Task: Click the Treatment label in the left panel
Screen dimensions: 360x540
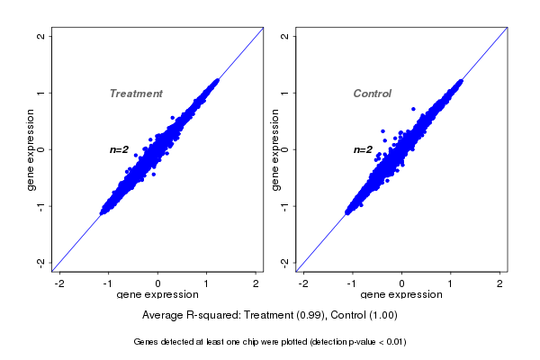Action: (x=136, y=94)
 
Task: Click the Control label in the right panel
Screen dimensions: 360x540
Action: (x=373, y=94)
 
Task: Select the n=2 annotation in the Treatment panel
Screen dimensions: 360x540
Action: (x=120, y=149)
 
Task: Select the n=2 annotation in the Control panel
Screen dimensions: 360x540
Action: (x=363, y=149)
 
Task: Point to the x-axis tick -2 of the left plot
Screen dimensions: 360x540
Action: (x=60, y=283)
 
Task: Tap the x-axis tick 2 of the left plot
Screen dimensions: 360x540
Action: (x=256, y=283)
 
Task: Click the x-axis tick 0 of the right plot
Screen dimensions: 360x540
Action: (x=402, y=283)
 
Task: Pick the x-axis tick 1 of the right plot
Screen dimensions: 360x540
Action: (x=451, y=283)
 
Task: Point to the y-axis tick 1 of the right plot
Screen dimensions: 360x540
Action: (x=285, y=93)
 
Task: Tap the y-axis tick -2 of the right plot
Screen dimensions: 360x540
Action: (x=285, y=262)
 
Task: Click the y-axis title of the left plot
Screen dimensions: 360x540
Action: (x=31, y=149)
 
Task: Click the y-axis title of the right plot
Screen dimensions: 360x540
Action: (x=274, y=149)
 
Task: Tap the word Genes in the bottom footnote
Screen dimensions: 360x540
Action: (x=148, y=342)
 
